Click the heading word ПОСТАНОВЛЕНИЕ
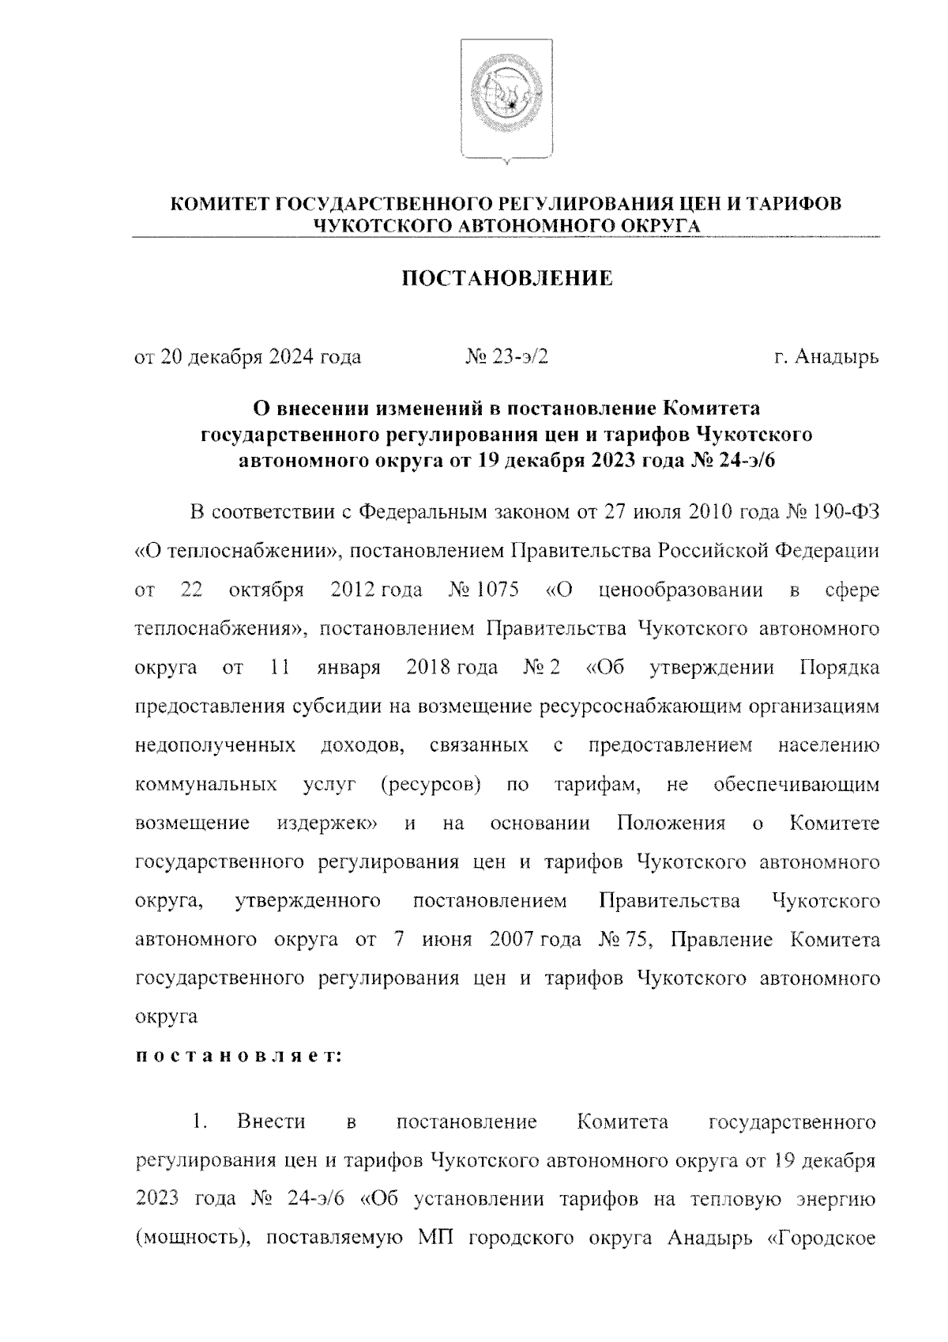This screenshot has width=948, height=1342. point(507,278)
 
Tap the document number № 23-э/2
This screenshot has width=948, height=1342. point(506,357)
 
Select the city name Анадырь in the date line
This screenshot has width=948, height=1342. point(837,357)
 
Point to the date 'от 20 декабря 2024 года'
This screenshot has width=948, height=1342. point(248,357)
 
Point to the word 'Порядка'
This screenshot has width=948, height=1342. point(840,668)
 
